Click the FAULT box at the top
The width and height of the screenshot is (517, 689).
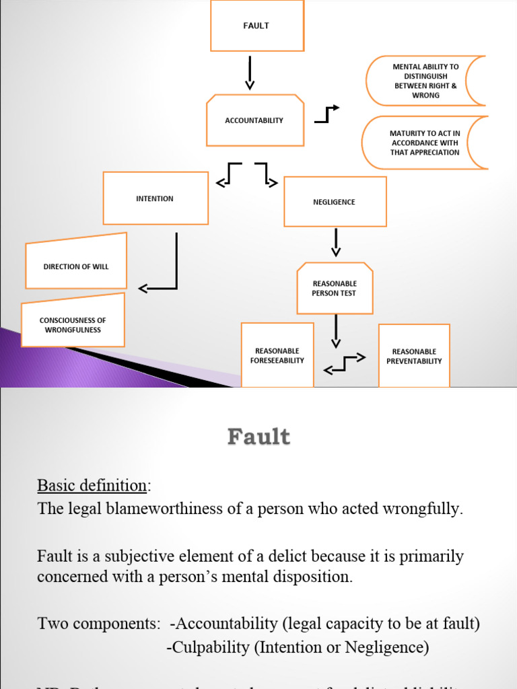point(256,26)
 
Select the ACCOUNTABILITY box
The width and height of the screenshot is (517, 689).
point(254,120)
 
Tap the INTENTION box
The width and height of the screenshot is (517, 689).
point(156,198)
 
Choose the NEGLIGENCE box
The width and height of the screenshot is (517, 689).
point(335,202)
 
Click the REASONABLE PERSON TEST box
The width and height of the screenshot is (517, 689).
point(335,289)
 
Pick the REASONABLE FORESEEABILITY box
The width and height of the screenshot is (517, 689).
point(277,355)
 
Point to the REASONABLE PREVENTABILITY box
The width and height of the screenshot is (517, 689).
point(414,356)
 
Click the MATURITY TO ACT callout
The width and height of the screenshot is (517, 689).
point(425,143)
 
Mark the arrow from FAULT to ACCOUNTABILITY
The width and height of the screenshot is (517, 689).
point(250,72)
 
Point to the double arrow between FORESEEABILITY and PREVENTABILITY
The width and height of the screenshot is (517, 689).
point(345,363)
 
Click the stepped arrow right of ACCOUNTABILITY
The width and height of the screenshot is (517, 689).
point(327,114)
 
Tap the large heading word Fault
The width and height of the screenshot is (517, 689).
point(258,437)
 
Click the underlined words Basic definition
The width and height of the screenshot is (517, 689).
point(92,485)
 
